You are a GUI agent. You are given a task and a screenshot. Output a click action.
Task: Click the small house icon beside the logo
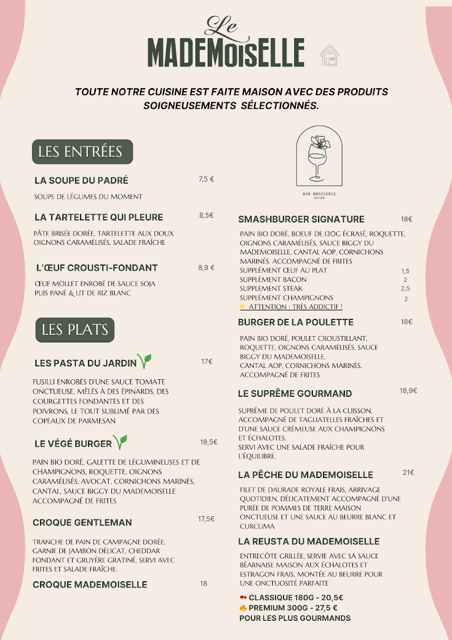[329, 55]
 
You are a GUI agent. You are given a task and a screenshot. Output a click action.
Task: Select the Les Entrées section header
[82, 151]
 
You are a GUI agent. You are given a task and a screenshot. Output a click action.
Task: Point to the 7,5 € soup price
[206, 179]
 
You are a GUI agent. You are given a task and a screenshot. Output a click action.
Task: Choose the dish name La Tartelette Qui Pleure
[99, 217]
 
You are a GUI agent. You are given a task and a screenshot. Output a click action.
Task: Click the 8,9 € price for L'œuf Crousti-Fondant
[206, 268]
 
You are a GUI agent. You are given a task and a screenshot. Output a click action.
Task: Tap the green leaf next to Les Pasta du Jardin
[144, 361]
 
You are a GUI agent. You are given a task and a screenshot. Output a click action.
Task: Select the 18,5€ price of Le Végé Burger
[209, 442]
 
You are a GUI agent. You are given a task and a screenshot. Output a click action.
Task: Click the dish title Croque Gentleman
[82, 522]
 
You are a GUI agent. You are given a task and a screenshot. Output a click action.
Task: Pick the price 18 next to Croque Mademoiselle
[204, 583]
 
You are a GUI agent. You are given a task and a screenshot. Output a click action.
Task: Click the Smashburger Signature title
[301, 219]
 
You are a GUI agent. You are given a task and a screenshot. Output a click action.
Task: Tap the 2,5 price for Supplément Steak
[405, 289]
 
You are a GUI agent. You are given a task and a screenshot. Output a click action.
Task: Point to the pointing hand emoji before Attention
[243, 307]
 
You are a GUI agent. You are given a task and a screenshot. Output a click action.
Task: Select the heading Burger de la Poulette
[295, 322]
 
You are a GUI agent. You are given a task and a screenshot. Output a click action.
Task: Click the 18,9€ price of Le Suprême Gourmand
[408, 390]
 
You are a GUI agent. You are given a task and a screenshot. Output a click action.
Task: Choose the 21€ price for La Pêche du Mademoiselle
[408, 473]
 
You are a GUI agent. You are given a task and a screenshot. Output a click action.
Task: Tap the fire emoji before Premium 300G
[243, 607]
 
